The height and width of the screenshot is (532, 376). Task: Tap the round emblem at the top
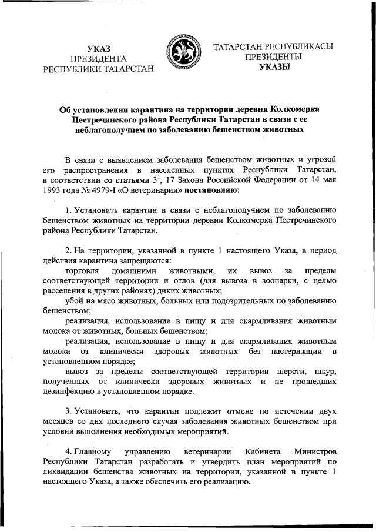182,52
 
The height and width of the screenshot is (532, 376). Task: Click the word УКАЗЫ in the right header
274,68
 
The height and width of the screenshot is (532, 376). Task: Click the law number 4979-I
99,190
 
